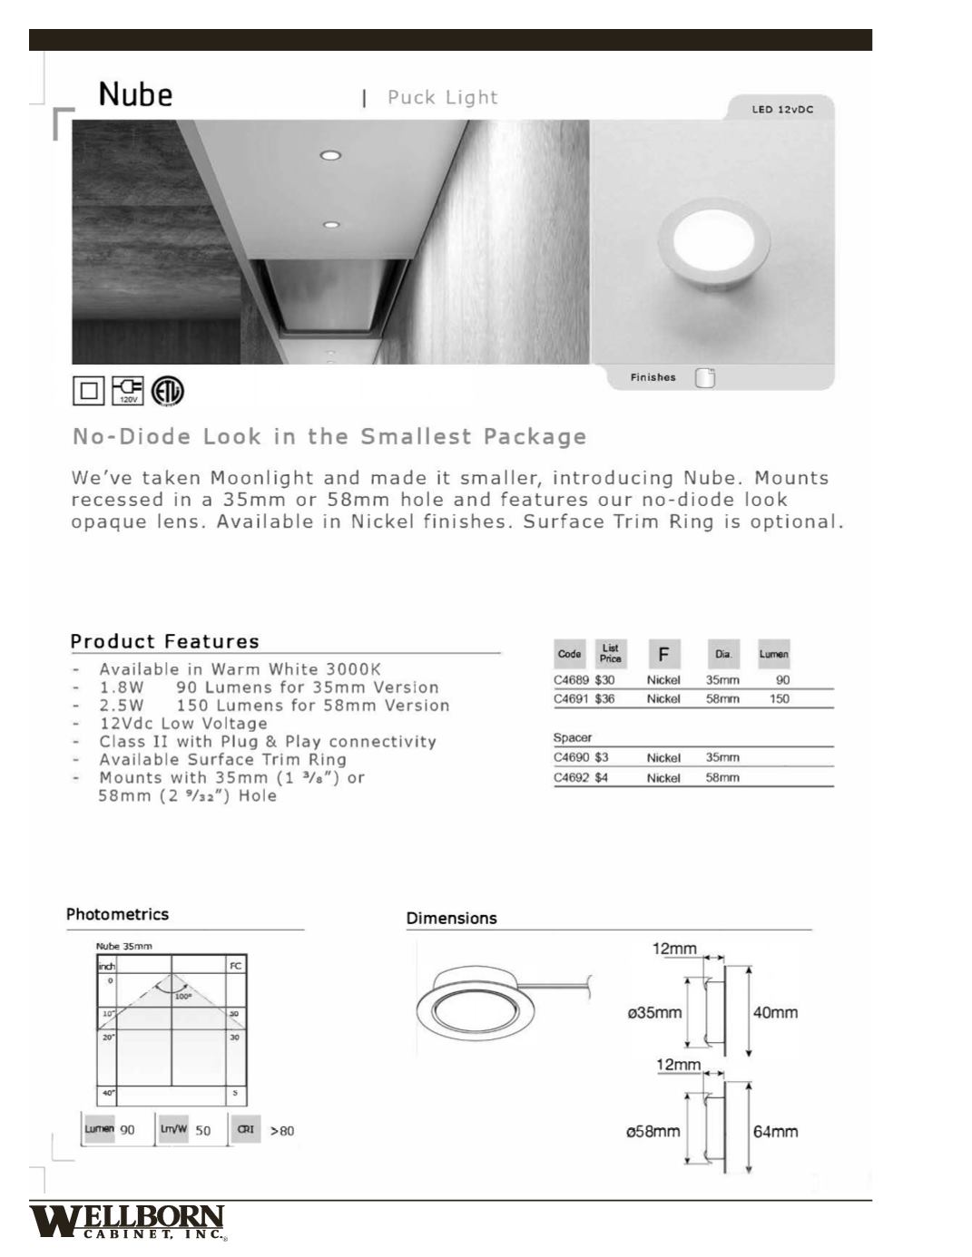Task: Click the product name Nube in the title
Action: [x=135, y=94]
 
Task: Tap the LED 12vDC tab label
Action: [x=781, y=110]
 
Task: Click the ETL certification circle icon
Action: [x=168, y=391]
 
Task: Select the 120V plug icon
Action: [x=127, y=391]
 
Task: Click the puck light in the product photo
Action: [x=714, y=242]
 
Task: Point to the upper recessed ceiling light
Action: [x=330, y=155]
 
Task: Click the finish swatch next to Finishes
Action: [x=705, y=378]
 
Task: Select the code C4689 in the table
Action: [x=571, y=680]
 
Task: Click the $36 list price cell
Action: [x=604, y=699]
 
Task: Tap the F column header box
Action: [x=663, y=654]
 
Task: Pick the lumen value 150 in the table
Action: [x=779, y=699]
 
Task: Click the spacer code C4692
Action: [x=571, y=778]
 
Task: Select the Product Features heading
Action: [x=164, y=641]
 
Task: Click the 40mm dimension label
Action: [x=775, y=1012]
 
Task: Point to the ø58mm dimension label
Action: [x=653, y=1132]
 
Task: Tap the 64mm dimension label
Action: [x=775, y=1132]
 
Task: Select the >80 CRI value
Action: [x=281, y=1131]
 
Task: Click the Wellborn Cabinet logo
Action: [x=127, y=1221]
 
